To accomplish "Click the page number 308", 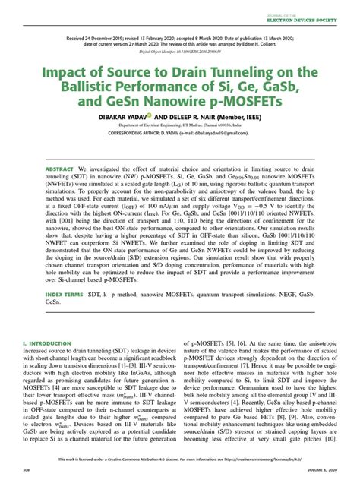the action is click(27, 469).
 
